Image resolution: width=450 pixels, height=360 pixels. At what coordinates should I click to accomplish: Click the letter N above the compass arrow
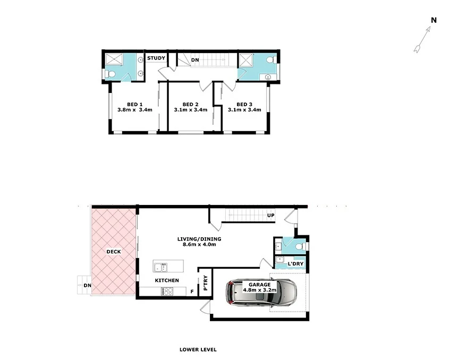(434, 20)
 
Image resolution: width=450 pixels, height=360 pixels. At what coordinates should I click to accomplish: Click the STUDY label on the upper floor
(156, 58)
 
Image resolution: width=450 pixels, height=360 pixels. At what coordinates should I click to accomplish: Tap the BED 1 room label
(134, 104)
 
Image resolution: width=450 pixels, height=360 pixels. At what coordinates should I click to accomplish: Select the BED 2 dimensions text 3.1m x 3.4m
(190, 110)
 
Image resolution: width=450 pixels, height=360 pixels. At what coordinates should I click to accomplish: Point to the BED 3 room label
(244, 104)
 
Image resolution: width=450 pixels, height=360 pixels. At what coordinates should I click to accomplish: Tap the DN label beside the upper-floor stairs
(195, 61)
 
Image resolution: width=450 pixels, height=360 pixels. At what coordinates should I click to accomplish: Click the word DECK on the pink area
(113, 252)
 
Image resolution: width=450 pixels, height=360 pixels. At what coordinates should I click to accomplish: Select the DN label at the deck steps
(87, 286)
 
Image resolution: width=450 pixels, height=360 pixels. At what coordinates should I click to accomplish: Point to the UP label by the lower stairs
(271, 216)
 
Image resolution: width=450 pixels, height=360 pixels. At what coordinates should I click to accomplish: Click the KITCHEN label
(166, 280)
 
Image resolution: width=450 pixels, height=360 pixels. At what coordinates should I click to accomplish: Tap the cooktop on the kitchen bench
(167, 291)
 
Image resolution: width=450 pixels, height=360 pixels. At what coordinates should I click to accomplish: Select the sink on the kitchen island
(160, 265)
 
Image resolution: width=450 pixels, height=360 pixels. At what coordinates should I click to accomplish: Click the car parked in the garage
(261, 293)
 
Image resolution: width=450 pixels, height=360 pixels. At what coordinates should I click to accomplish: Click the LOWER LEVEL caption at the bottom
(198, 350)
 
